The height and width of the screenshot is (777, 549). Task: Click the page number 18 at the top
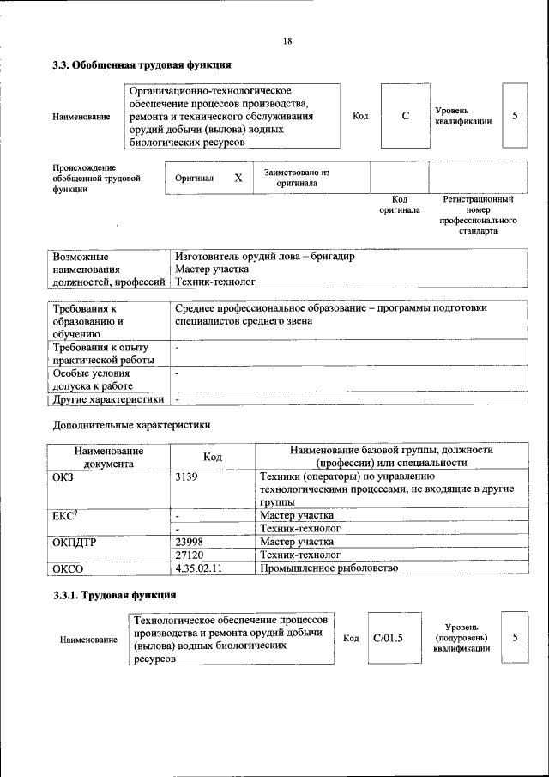(x=287, y=41)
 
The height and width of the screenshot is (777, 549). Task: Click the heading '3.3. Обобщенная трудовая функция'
(x=142, y=65)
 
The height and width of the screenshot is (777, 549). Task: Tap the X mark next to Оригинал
(x=238, y=178)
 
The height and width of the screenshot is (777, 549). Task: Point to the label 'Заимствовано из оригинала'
(x=297, y=178)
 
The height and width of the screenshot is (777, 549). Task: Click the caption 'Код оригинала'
(x=400, y=204)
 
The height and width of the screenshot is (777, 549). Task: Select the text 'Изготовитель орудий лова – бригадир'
(x=264, y=257)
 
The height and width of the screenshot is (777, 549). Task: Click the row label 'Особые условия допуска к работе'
(x=91, y=379)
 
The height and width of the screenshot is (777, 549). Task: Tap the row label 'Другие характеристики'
(x=108, y=399)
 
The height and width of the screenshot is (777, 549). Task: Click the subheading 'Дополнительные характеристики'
(x=131, y=424)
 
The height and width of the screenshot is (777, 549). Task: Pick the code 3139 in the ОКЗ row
(x=187, y=476)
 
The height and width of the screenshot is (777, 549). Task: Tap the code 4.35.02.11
(x=198, y=568)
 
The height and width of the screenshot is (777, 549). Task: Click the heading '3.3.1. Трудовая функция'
(x=115, y=594)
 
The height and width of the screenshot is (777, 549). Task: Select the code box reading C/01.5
(x=388, y=638)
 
